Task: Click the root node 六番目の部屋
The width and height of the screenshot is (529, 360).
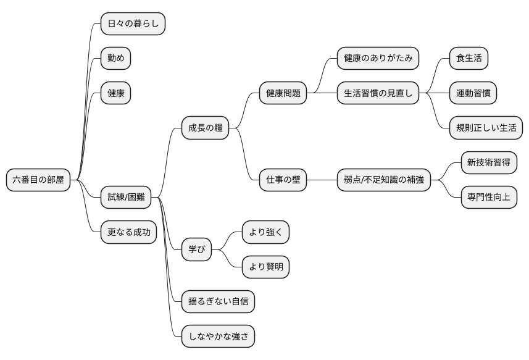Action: point(38,180)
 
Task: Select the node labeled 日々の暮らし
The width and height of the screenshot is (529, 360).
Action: point(133,24)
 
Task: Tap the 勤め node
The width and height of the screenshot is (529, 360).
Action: point(115,59)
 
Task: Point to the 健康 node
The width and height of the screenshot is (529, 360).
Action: point(115,93)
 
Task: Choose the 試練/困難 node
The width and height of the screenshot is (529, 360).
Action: point(126,197)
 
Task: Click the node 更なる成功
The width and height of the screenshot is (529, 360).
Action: point(128,232)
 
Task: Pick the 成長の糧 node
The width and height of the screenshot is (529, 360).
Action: point(205,128)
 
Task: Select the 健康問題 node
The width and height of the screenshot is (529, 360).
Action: point(283,93)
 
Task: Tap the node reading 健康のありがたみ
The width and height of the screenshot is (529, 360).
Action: point(378,59)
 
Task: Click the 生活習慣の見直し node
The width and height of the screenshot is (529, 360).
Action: point(378,93)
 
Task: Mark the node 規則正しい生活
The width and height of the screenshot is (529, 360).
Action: point(486,128)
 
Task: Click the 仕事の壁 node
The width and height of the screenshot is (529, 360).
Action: point(283,180)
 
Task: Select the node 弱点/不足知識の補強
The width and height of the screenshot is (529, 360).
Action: point(383,180)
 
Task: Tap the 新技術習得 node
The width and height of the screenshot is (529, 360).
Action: point(488,163)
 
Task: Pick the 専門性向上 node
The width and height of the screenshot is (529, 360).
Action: point(488,198)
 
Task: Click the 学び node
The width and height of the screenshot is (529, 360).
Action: point(197,250)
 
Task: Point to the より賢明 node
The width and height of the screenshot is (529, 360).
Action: point(265,267)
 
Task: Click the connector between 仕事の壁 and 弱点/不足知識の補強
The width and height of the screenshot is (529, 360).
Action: point(322,180)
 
